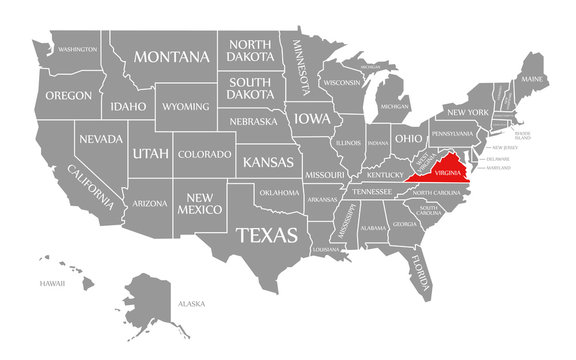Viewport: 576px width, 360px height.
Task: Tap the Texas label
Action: pyautogui.click(x=266, y=236)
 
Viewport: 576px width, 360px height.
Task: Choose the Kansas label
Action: pyautogui.click(x=267, y=160)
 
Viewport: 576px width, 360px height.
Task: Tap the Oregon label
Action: pyautogui.click(x=68, y=97)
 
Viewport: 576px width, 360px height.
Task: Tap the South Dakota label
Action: pyautogui.click(x=251, y=88)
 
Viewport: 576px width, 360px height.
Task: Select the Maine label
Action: pyautogui.click(x=533, y=78)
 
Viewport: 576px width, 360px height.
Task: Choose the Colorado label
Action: pyautogui.click(x=204, y=154)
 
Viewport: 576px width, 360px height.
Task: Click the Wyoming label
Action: pyautogui.click(x=186, y=106)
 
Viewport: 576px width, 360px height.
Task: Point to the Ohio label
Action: pyautogui.click(x=407, y=137)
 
